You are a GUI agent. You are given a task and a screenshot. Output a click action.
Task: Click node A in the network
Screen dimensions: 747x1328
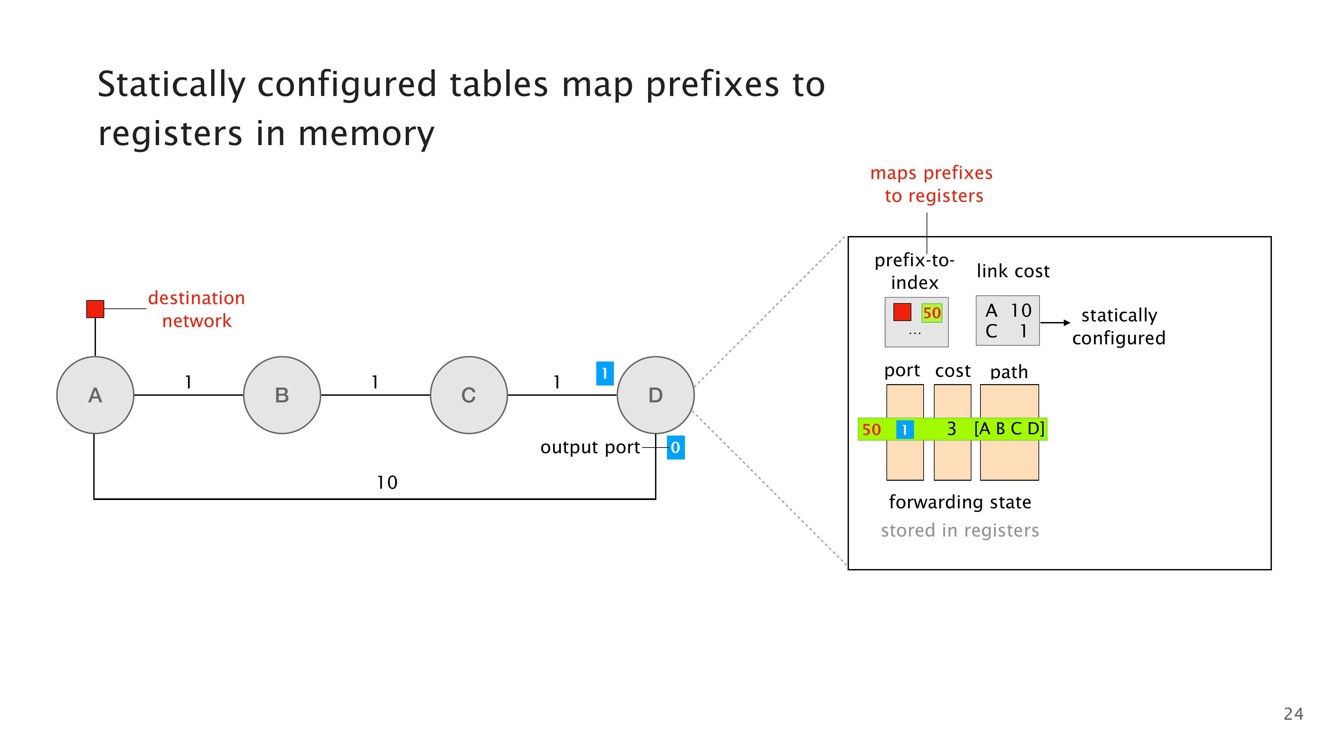pyautogui.click(x=95, y=395)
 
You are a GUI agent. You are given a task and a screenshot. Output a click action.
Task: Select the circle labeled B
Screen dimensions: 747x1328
pyautogui.click(x=282, y=395)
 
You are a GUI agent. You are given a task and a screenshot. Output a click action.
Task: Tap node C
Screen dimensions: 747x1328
pyautogui.click(x=468, y=395)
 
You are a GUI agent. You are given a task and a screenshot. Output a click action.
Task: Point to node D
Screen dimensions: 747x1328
pyautogui.click(x=655, y=395)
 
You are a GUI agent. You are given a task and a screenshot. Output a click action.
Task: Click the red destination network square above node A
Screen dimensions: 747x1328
pyautogui.click(x=95, y=309)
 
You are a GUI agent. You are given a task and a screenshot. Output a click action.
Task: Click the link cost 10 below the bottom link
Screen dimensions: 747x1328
pyautogui.click(x=387, y=482)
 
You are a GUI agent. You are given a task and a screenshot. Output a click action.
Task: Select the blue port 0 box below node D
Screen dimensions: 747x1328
pyautogui.click(x=675, y=448)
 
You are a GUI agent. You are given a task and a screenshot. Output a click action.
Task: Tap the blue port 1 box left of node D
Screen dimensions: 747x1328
pyautogui.click(x=604, y=373)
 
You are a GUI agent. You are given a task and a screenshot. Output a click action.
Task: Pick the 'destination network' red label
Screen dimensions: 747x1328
pyautogui.click(x=197, y=309)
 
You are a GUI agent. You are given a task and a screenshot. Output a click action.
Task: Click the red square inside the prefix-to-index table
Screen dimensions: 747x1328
pyautogui.click(x=902, y=312)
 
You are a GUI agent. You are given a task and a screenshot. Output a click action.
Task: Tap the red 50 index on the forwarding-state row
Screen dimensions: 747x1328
pyautogui.click(x=871, y=429)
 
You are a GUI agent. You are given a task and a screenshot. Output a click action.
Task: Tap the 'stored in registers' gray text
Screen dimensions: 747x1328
pyautogui.click(x=959, y=531)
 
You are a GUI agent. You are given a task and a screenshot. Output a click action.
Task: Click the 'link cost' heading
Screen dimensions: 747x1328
pyautogui.click(x=1013, y=271)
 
